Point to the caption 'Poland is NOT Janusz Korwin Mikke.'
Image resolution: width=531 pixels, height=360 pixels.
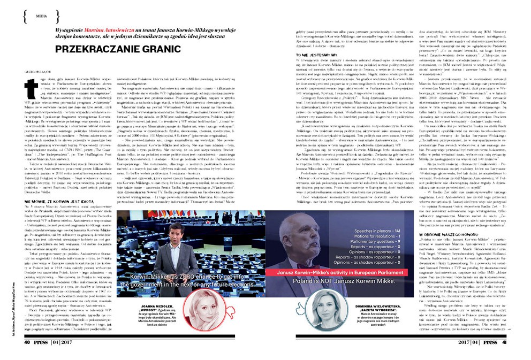tap(343, 280)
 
